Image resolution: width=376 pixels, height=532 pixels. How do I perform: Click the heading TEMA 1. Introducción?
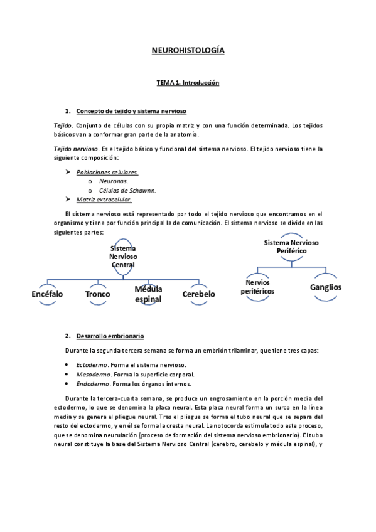click(188, 82)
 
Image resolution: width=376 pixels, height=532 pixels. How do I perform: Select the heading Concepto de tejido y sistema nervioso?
click(131, 111)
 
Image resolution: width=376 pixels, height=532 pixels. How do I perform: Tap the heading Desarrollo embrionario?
click(110, 336)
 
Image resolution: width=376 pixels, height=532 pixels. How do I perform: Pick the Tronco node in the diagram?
click(97, 294)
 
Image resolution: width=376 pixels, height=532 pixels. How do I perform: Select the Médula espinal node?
click(148, 294)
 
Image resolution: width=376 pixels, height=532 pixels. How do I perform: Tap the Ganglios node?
click(325, 287)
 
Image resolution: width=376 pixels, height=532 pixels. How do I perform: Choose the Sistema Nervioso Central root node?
click(123, 256)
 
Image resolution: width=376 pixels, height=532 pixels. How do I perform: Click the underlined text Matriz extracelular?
click(104, 199)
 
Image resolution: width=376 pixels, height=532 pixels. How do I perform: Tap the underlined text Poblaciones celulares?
click(107, 171)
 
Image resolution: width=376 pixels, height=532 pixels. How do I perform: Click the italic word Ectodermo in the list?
click(91, 364)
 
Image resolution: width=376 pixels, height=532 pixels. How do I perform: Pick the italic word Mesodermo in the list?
click(92, 375)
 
